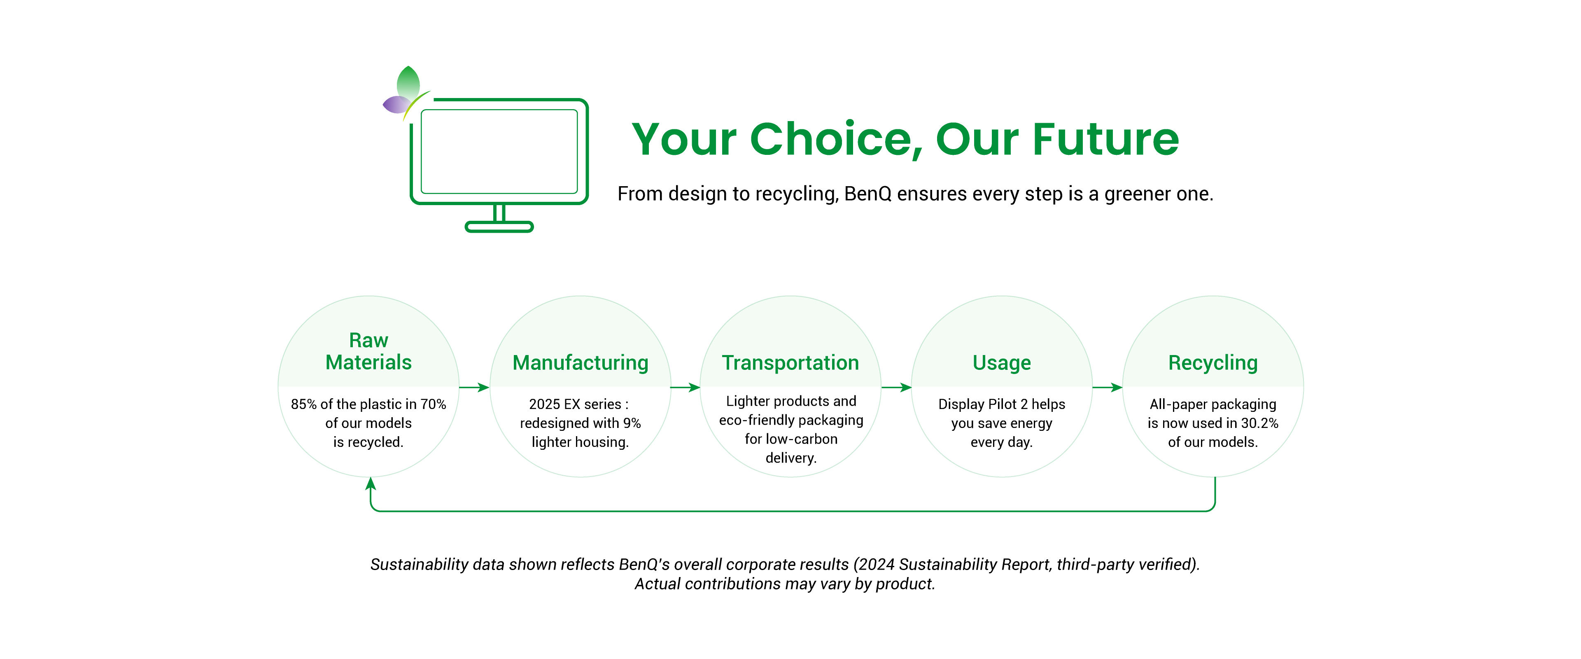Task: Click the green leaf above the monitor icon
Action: [x=408, y=81]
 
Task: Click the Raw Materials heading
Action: [x=368, y=351]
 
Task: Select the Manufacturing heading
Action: [x=580, y=363]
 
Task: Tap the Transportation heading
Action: [x=790, y=363]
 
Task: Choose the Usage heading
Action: [x=1002, y=363]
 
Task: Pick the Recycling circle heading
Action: [x=1213, y=363]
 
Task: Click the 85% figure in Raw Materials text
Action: [x=304, y=404]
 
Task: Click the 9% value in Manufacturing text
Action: [x=632, y=423]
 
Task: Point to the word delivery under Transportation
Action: [x=790, y=458]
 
